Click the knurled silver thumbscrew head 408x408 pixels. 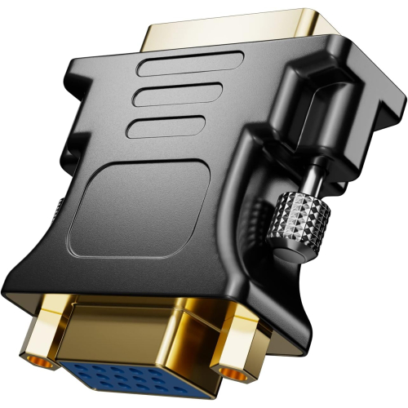tap(303, 219)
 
